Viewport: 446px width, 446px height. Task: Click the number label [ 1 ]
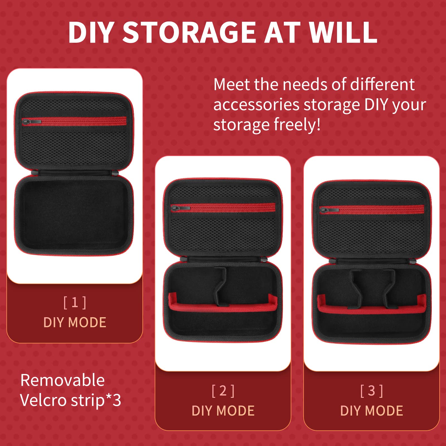click(75, 303)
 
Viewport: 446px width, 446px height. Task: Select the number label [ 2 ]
click(223, 391)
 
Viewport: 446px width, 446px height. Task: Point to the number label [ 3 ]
click(372, 391)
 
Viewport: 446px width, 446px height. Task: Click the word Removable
click(62, 380)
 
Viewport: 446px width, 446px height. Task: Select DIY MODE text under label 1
click(75, 323)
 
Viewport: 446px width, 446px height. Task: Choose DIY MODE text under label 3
click(372, 411)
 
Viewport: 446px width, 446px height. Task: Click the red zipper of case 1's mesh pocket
click(84, 121)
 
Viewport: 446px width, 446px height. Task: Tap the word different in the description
click(382, 84)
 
